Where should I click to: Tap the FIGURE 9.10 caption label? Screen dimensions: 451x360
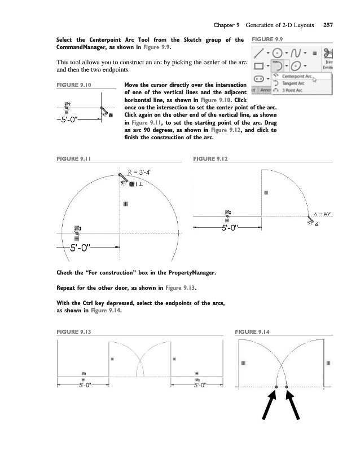(74, 85)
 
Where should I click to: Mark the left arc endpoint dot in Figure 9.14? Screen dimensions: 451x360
(276, 387)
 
